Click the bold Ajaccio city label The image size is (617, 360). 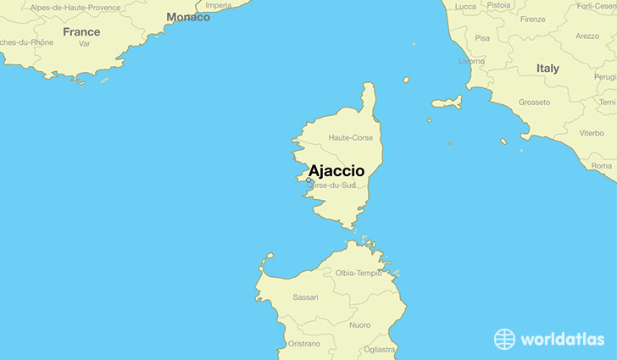336,170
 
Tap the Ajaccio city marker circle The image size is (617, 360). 309,180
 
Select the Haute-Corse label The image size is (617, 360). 351,137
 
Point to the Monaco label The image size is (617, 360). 188,17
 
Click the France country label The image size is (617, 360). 81,32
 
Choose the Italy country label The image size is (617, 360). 548,68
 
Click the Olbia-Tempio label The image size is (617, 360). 359,273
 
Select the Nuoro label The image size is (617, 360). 359,324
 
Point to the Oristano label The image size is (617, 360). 303,343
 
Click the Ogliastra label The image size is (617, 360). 379,349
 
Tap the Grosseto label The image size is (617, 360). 534,102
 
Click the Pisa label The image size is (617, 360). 482,38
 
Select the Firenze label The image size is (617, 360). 532,19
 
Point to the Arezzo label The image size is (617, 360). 586,36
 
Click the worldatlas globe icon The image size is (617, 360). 505,339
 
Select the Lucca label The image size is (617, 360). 465,6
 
